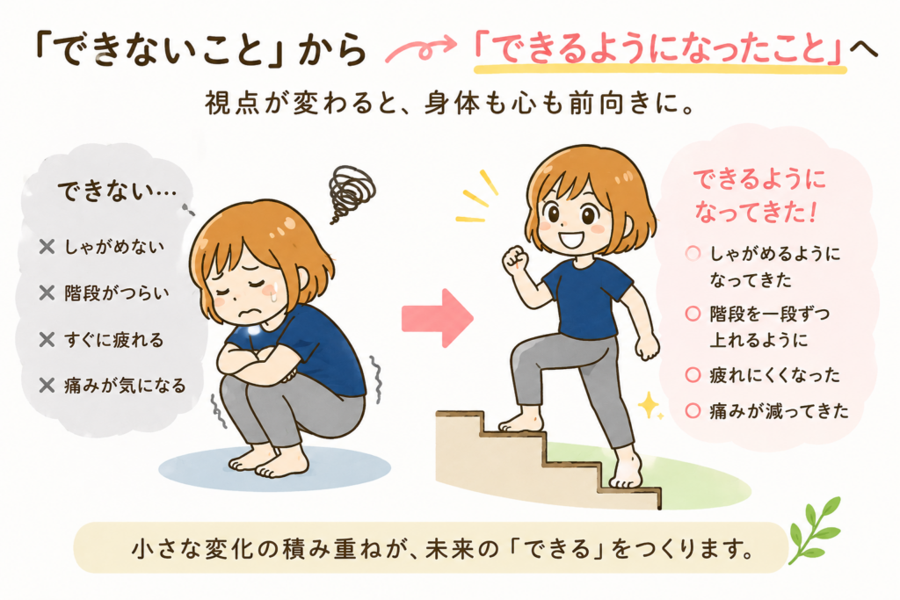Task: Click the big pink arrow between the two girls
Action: coord(438,318)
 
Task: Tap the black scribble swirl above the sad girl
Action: coord(351,192)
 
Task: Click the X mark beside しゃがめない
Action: coord(47,247)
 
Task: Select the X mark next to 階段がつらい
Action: coord(47,293)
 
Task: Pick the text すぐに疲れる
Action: coord(113,340)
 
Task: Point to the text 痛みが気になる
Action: coord(125,385)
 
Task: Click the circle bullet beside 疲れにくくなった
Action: coord(693,375)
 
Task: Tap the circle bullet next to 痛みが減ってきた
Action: coord(693,411)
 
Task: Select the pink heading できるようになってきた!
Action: coord(758,196)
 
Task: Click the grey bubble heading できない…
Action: coord(117,192)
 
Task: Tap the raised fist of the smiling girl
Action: coord(516,260)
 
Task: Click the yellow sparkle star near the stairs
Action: coord(650,405)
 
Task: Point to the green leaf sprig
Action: coord(815,529)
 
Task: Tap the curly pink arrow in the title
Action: coord(421,48)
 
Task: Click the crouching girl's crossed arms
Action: coord(258,365)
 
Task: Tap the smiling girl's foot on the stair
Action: coord(521,423)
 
